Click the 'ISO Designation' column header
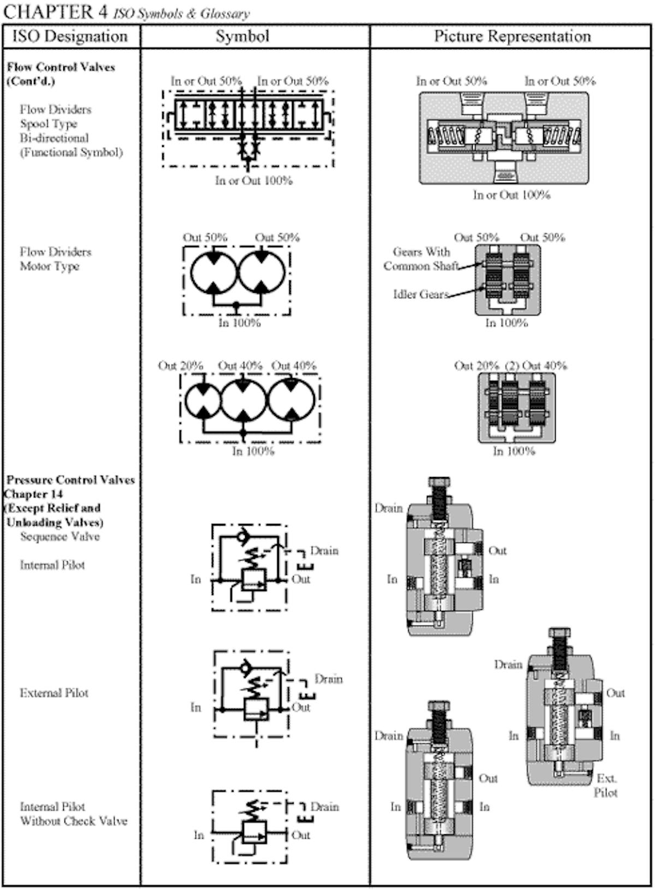(x=70, y=37)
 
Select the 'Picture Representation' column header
(x=512, y=37)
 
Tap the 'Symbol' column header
(x=242, y=37)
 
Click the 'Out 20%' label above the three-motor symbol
(x=181, y=366)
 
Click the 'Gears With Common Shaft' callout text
(x=421, y=259)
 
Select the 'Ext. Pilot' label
(x=606, y=785)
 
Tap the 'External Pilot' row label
(x=54, y=693)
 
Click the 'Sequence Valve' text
(x=60, y=537)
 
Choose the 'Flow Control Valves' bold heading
(x=61, y=67)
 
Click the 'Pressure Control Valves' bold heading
(x=70, y=480)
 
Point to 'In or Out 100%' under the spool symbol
(x=254, y=180)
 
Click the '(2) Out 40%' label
(x=536, y=366)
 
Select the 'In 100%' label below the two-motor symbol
(x=240, y=323)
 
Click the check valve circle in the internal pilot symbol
(x=241, y=537)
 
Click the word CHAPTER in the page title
(x=49, y=11)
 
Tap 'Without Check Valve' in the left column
(x=74, y=821)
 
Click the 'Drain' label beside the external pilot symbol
(x=329, y=679)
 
